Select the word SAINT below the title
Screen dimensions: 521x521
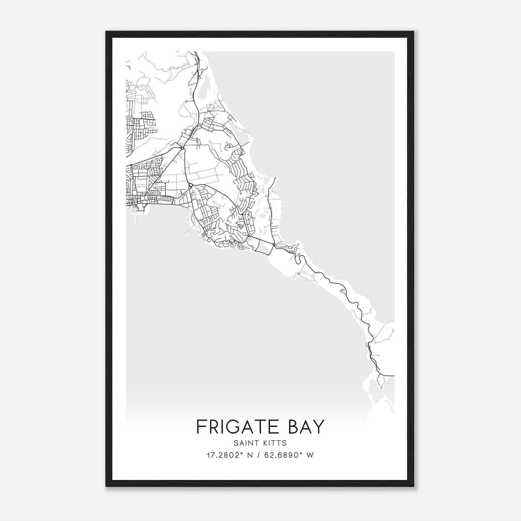click(x=245, y=443)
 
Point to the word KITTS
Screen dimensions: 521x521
click(x=275, y=443)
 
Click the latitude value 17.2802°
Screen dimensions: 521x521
click(x=225, y=455)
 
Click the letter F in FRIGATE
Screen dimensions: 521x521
click(x=201, y=427)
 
